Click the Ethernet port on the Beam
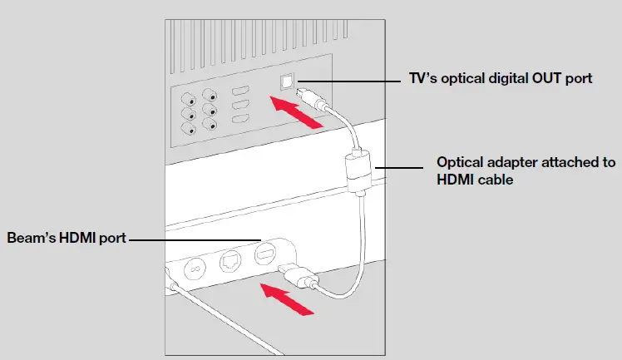[x=230, y=260]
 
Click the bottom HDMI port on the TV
[x=240, y=121]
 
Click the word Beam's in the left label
[x=31, y=239]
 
